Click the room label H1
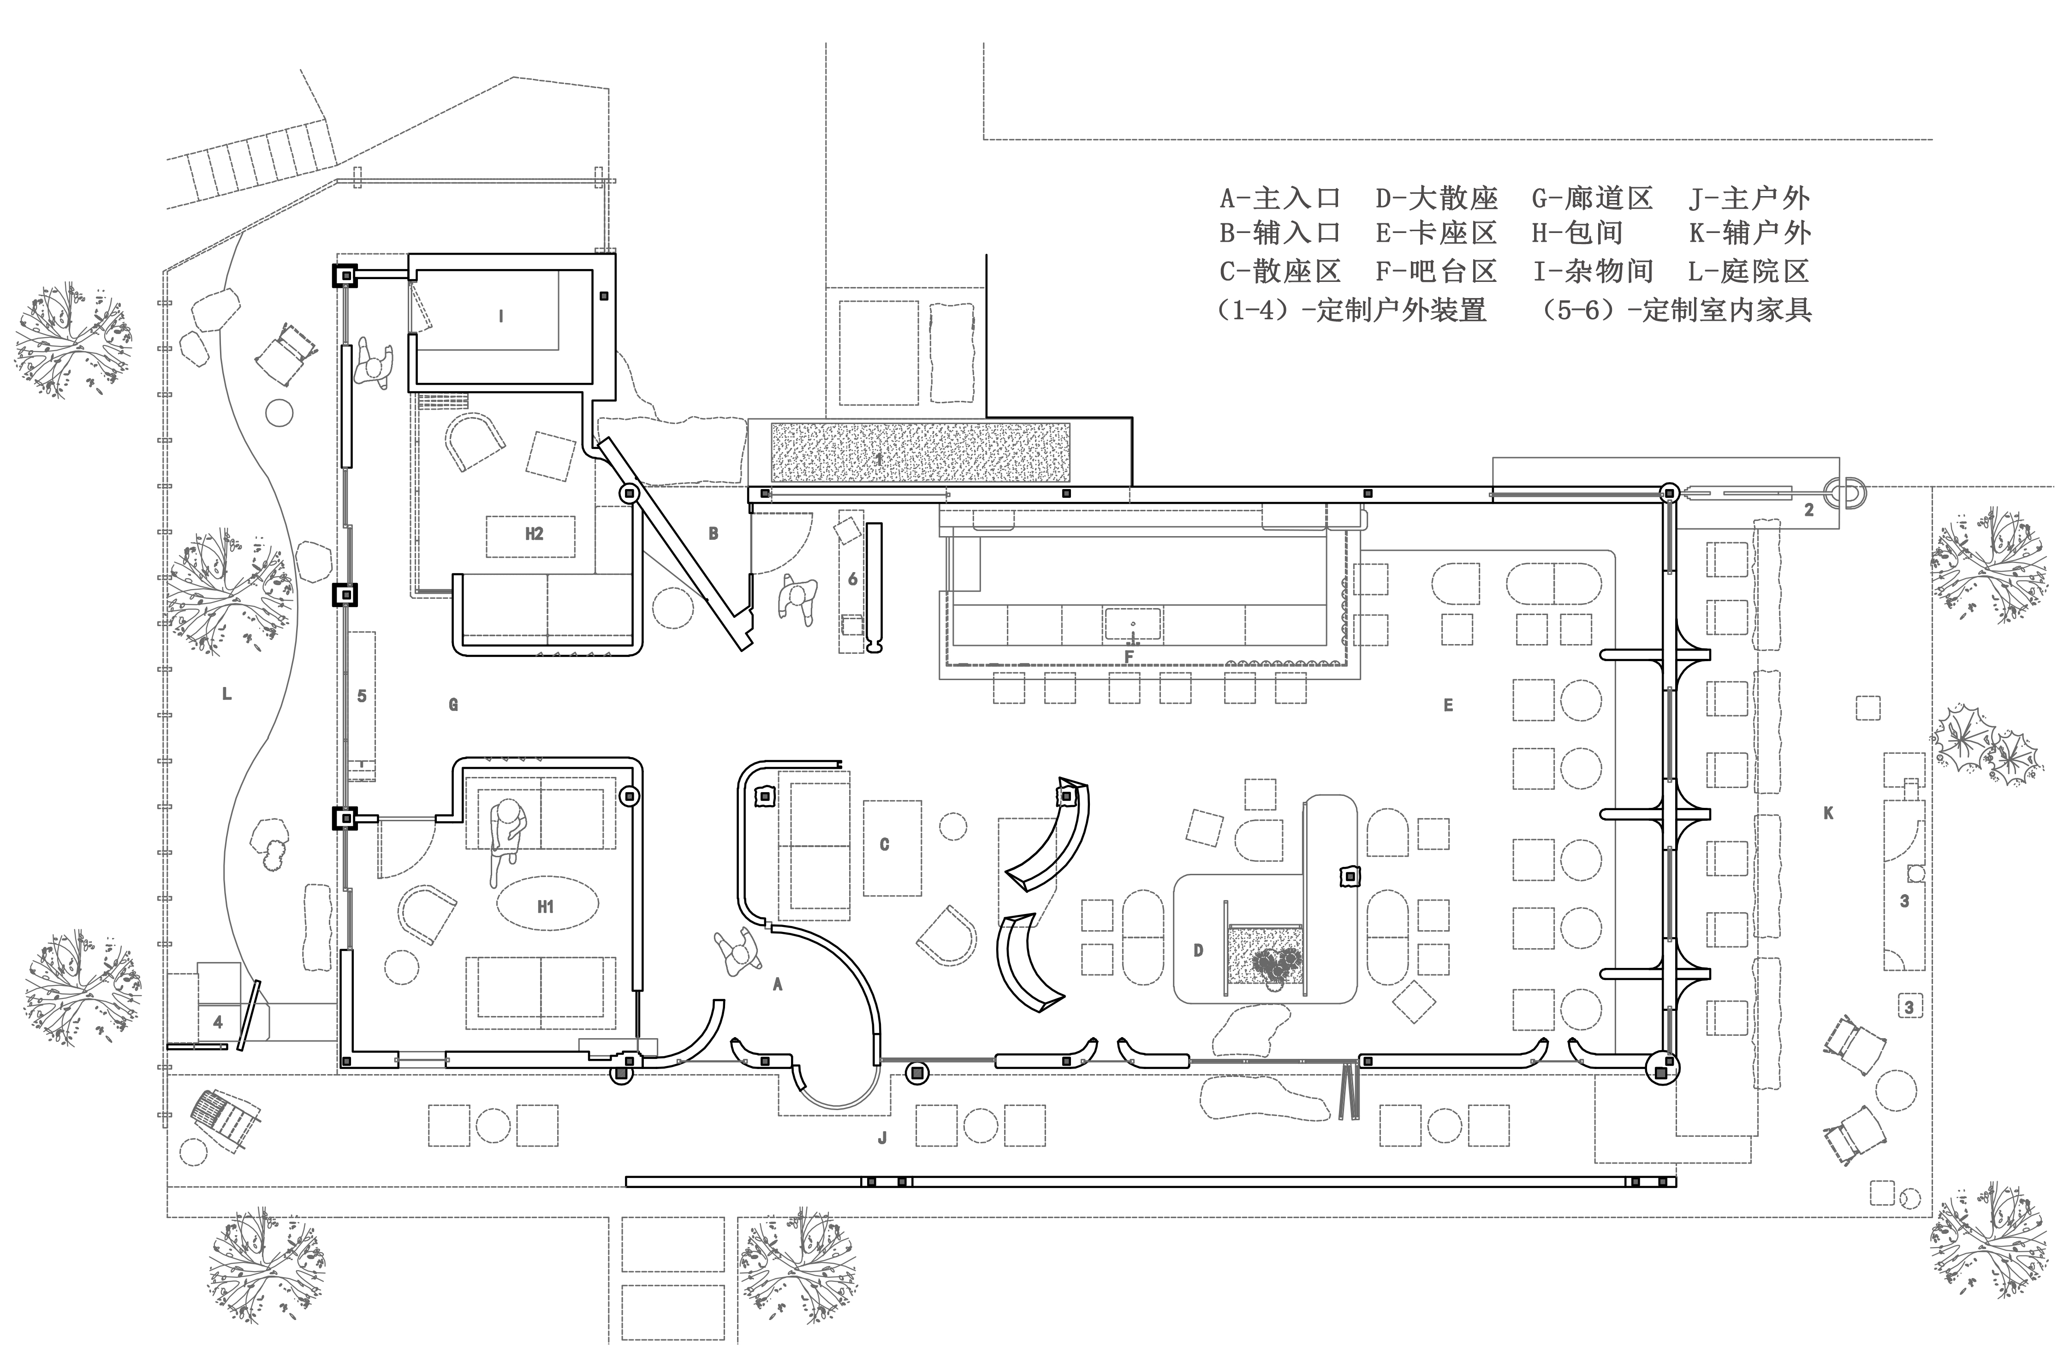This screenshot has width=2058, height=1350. tap(545, 906)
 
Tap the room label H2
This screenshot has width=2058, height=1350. tap(534, 534)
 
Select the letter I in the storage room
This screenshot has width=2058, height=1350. tap(501, 317)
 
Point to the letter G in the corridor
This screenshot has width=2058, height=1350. tap(453, 705)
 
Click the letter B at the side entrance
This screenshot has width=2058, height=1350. tap(714, 534)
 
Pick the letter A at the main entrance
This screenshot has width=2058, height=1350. tap(777, 984)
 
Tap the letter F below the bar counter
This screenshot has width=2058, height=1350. tap(1129, 657)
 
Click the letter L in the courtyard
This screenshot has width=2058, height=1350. tap(226, 693)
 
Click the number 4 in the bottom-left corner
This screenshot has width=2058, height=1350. tap(218, 1022)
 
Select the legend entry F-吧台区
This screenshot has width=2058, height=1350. tap(1436, 272)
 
